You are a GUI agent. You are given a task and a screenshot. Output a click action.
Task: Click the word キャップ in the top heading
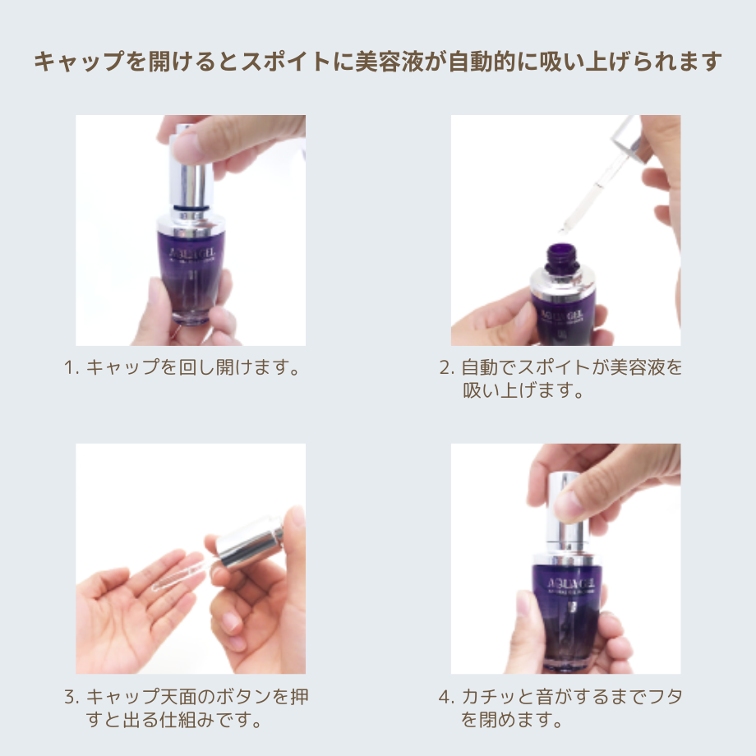(x=67, y=62)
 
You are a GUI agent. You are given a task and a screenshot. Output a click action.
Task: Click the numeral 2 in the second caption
(x=445, y=366)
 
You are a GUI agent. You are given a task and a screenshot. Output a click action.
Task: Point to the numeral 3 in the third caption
(x=70, y=698)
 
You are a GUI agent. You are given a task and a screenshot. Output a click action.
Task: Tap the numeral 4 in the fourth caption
(x=445, y=698)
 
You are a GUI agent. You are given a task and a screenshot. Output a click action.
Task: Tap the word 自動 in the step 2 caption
(x=479, y=366)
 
